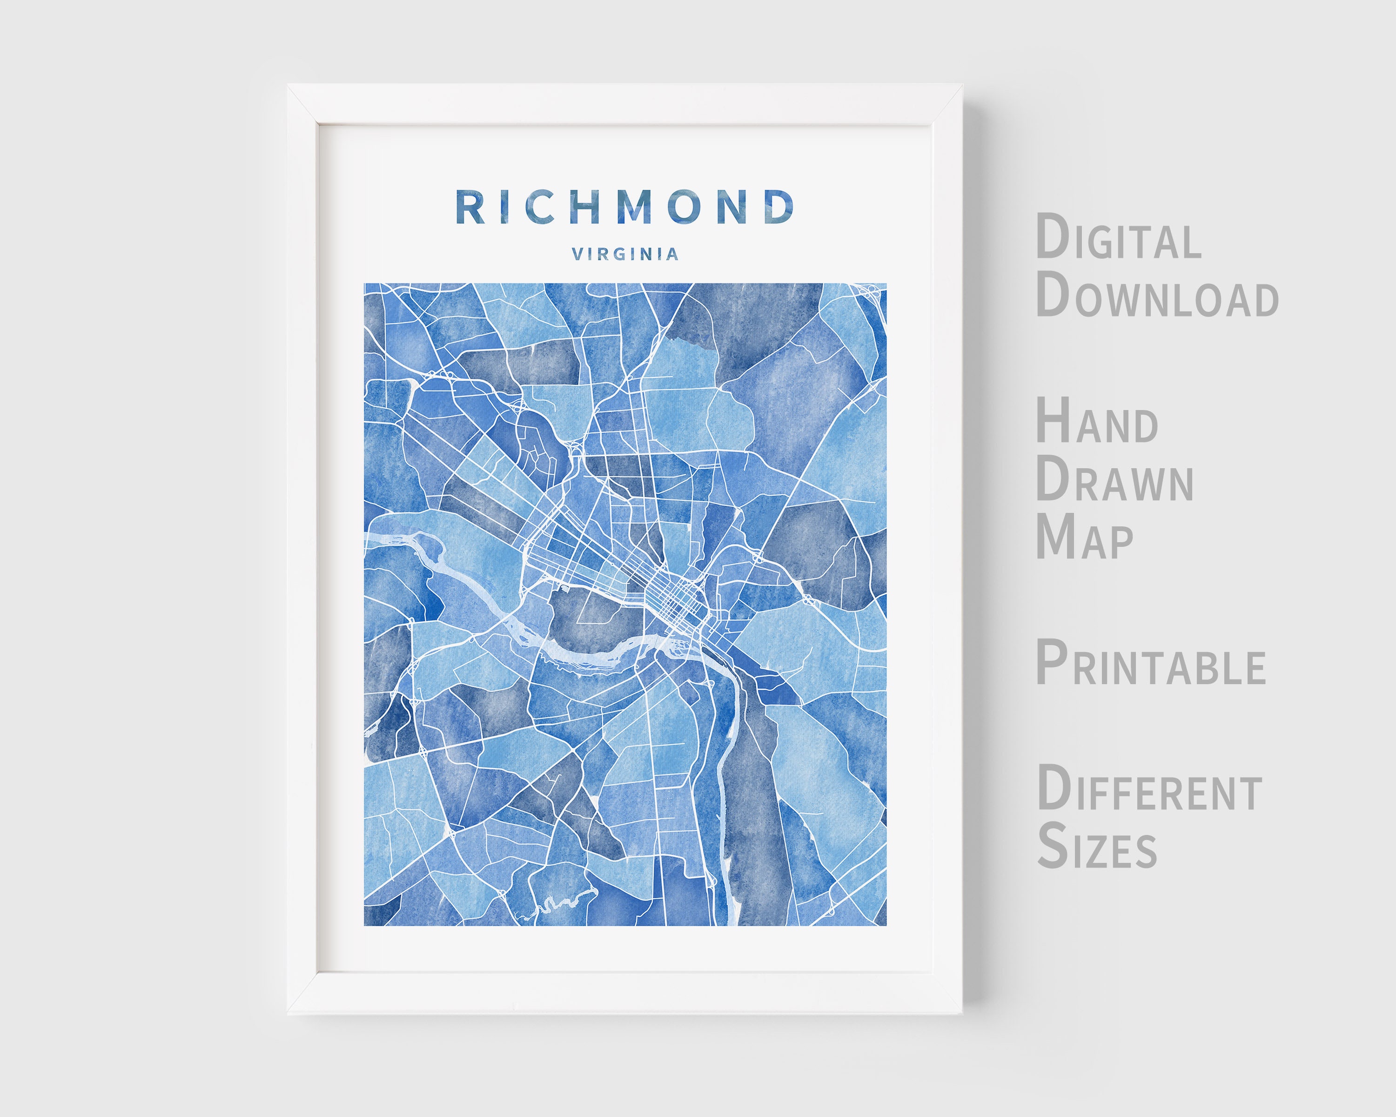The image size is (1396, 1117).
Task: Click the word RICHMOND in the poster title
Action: coord(625,207)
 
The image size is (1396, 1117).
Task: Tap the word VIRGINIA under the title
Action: coord(625,254)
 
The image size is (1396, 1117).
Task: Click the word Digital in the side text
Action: coord(1118,238)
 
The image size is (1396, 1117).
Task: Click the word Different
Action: coord(1149,789)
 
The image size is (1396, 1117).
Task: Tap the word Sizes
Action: coord(1097,846)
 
